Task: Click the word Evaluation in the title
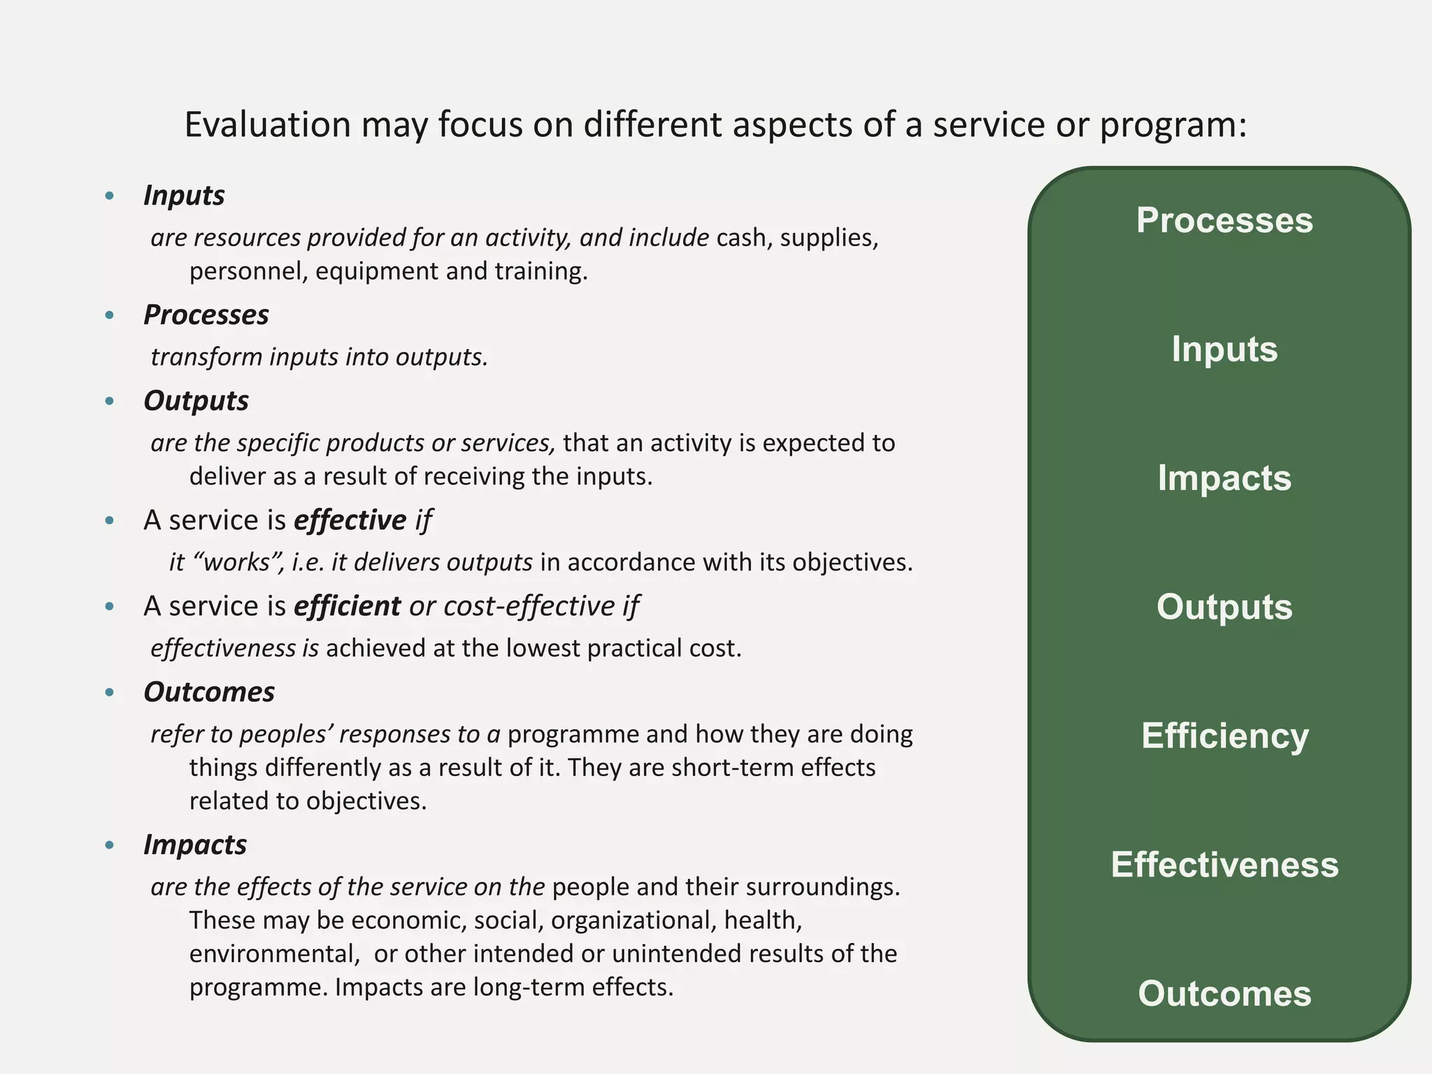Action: tap(267, 126)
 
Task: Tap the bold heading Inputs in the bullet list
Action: tap(184, 196)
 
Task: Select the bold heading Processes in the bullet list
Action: tap(206, 315)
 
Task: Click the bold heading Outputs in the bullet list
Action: tap(196, 401)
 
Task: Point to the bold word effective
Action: tap(350, 520)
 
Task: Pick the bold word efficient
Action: tap(347, 606)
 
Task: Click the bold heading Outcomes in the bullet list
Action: tap(209, 692)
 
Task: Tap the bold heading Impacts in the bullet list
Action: tap(195, 845)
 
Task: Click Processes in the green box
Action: tap(1224, 220)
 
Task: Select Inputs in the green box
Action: tap(1224, 349)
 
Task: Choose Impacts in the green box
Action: tap(1224, 478)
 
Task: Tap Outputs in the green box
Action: tap(1224, 607)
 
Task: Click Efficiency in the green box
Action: tap(1224, 736)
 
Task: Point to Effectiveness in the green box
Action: tap(1224, 865)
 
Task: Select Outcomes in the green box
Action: tap(1224, 994)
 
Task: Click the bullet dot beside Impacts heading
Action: tap(109, 845)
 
